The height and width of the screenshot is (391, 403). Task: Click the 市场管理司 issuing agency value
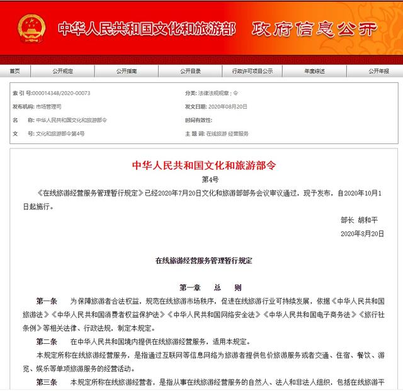(x=48, y=107)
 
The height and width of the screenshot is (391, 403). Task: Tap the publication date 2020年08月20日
(x=227, y=107)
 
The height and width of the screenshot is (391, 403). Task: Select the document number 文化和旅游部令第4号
(x=60, y=134)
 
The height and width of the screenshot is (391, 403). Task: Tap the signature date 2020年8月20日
(x=361, y=233)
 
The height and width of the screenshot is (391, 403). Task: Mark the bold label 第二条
(x=47, y=341)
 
